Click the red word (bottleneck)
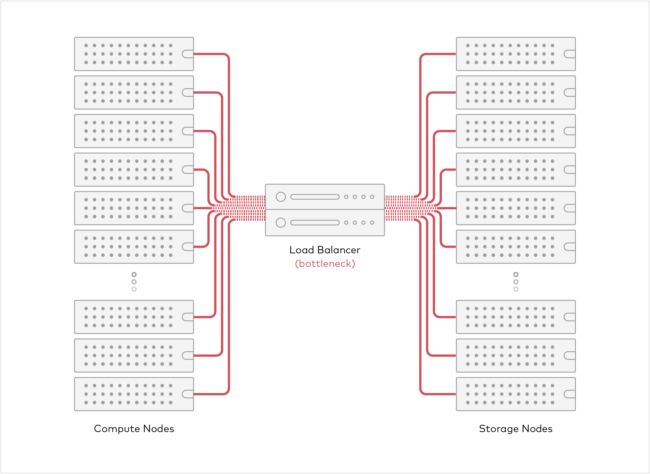pos(325,263)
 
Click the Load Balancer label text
pos(325,250)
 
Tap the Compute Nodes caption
pos(134,429)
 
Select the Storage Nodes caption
pos(516,429)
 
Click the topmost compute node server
pos(134,54)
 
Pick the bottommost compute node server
pos(134,394)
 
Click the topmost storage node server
pos(516,54)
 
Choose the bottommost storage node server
pos(516,394)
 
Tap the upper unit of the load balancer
pos(325,197)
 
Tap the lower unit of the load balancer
pos(325,223)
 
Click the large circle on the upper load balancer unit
pos(281,197)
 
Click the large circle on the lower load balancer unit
pos(281,223)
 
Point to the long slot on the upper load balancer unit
pos(315,197)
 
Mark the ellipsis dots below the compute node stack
pos(134,282)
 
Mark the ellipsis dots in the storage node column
pos(516,282)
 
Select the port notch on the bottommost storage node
pos(569,394)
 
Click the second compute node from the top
pos(134,93)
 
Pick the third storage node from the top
pos(516,131)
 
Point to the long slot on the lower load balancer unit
pos(315,223)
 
